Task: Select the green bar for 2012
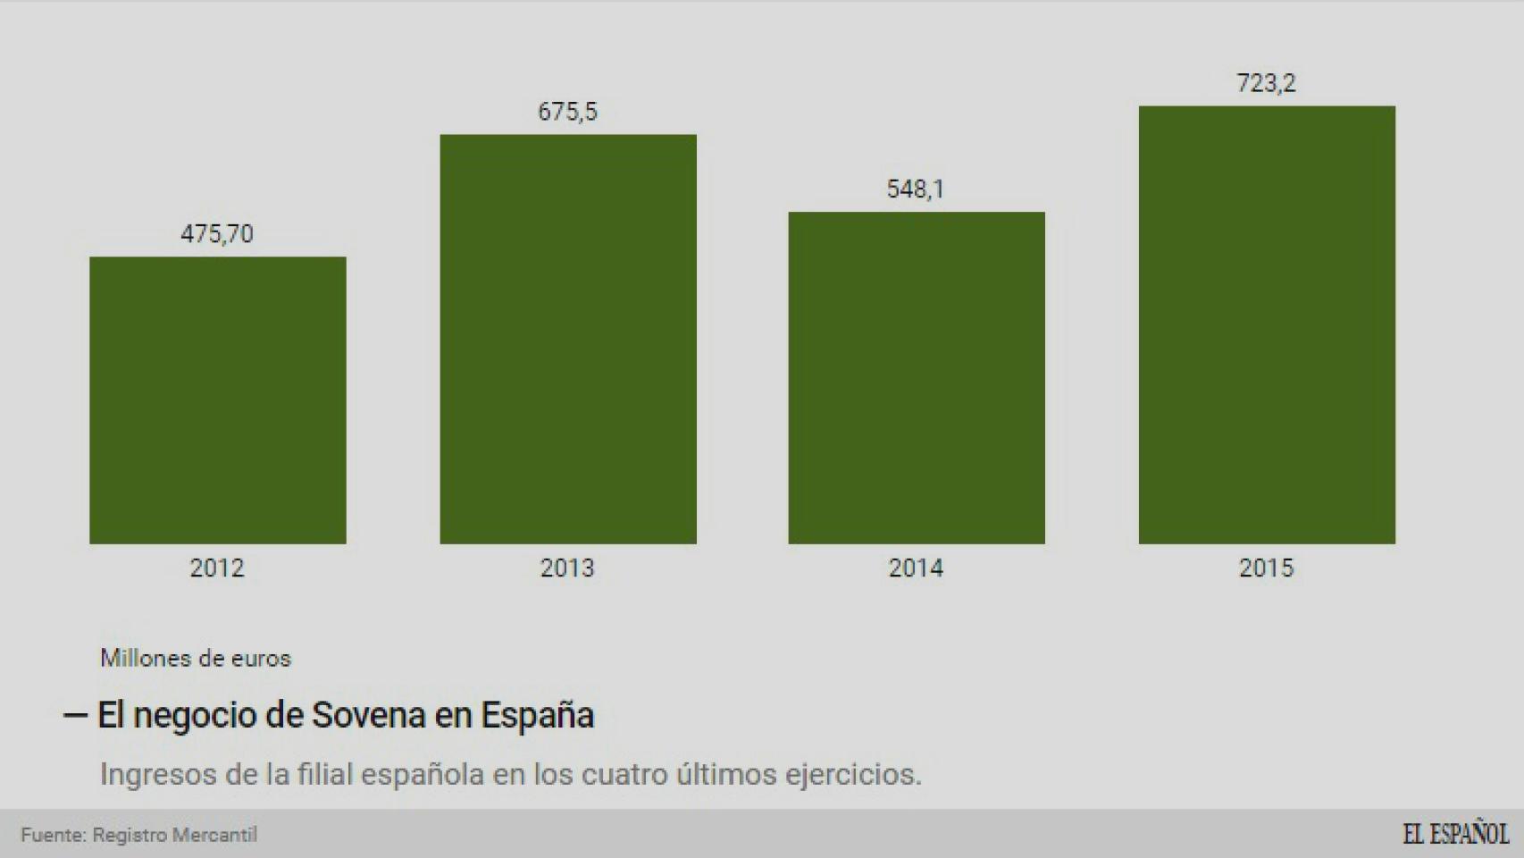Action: (217, 400)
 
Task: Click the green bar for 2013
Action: (567, 339)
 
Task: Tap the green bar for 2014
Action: (916, 377)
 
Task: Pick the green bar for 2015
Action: (1266, 324)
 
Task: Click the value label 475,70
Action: (217, 234)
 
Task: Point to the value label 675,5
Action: (567, 112)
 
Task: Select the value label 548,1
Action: (916, 189)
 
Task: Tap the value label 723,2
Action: (1266, 83)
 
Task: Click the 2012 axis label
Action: (217, 568)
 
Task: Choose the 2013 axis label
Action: (567, 568)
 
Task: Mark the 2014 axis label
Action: (916, 568)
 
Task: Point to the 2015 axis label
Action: (1266, 568)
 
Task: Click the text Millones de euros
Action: (196, 659)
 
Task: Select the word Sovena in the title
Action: (368, 715)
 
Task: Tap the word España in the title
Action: (537, 715)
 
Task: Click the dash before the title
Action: (75, 715)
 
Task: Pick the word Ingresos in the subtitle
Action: (157, 774)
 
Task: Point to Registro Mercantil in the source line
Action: (175, 835)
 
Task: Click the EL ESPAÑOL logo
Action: (1455, 834)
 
